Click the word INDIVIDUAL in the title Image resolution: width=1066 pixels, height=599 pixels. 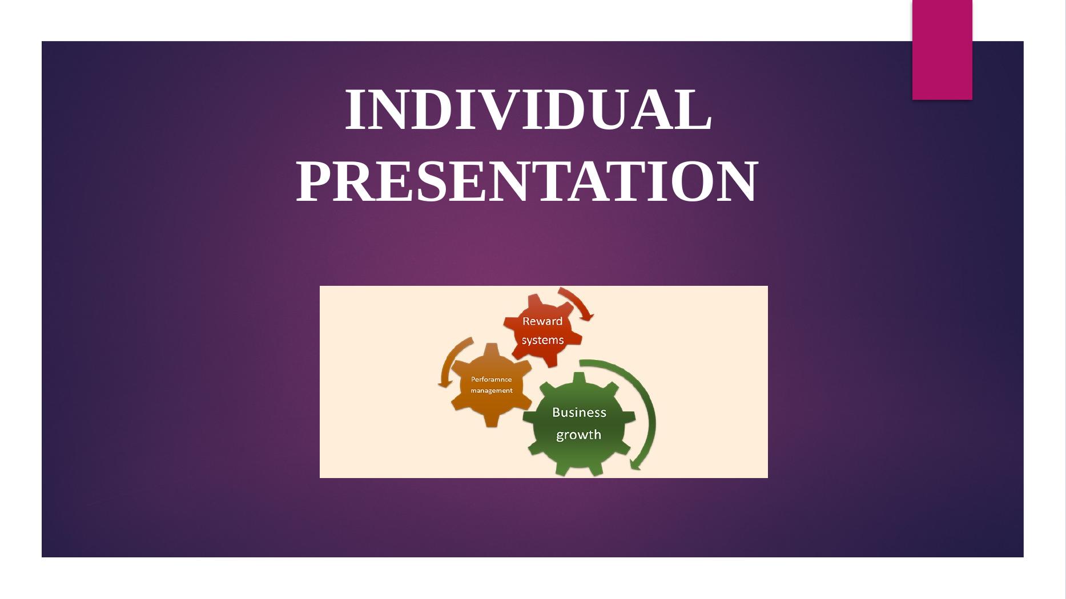point(528,110)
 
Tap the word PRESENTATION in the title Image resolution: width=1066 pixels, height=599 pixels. point(527,181)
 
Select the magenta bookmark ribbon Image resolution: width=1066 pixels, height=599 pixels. point(942,50)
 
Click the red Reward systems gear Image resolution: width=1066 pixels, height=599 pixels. point(542,331)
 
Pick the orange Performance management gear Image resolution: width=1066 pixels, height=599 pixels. point(491,385)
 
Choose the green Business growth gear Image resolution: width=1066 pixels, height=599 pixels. point(579,424)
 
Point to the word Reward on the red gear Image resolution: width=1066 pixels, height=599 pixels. point(542,321)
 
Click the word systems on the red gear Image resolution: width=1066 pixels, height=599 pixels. point(542,340)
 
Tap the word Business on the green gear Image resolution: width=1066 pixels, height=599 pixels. point(579,412)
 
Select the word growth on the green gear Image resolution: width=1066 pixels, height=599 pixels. point(579,435)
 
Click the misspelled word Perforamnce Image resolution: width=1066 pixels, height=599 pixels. point(491,379)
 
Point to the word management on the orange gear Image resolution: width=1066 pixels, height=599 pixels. point(491,391)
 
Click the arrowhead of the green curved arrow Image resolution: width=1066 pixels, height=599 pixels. point(635,464)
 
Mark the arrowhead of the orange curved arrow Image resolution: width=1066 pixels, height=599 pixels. point(444,384)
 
